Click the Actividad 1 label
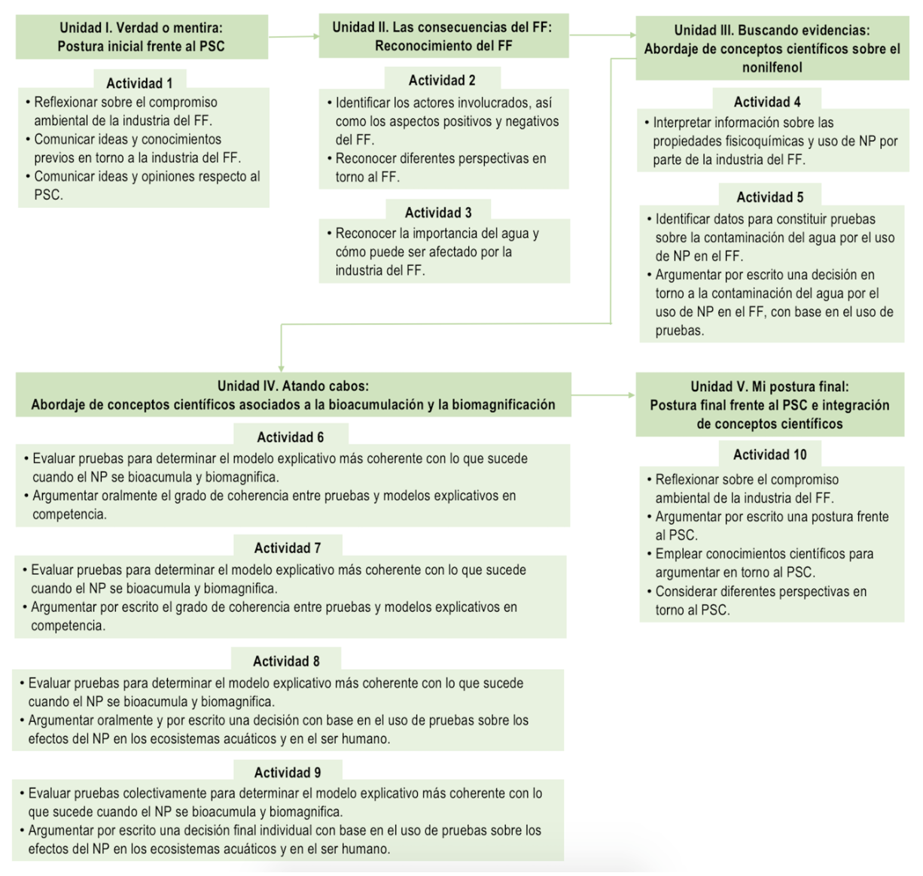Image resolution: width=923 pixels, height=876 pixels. [139, 83]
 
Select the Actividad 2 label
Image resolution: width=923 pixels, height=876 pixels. [442, 81]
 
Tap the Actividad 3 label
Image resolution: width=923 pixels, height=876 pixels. [438, 212]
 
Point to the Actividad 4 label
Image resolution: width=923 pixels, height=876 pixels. [767, 102]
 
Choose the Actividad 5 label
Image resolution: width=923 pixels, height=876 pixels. [769, 197]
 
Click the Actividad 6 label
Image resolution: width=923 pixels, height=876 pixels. [290, 437]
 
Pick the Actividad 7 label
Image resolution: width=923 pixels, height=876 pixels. [287, 548]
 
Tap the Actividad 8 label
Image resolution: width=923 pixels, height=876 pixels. [286, 661]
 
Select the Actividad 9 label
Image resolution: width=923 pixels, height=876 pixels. [287, 772]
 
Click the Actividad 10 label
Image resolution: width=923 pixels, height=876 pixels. [769, 455]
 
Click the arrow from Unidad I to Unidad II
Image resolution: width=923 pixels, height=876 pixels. [293, 36]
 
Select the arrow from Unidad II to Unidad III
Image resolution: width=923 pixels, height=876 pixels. [602, 35]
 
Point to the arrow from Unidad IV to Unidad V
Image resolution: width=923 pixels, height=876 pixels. [603, 394]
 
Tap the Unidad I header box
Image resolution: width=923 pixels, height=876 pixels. [142, 37]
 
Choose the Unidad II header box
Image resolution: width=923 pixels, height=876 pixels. [443, 36]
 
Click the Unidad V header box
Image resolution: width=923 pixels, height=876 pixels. [769, 405]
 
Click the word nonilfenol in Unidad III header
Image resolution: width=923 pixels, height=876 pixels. [772, 68]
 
